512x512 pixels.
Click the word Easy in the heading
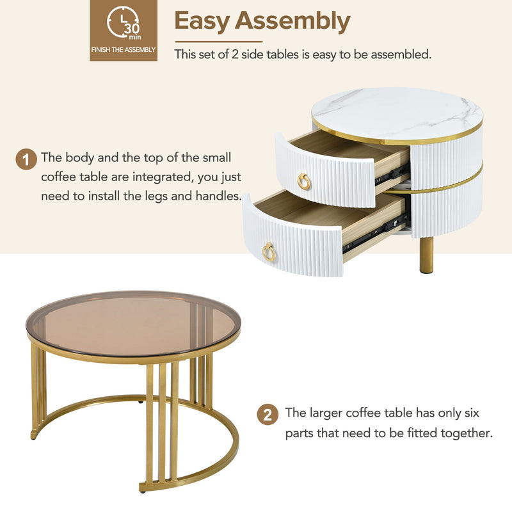point(202,21)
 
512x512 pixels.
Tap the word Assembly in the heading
point(292,21)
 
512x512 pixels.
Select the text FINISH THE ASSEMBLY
point(123,49)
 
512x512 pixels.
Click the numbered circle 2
point(268,415)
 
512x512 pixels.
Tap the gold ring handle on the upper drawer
point(303,182)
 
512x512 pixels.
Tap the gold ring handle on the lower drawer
point(269,252)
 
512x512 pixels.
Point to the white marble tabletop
point(397,112)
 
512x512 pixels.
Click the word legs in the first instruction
point(148,196)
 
